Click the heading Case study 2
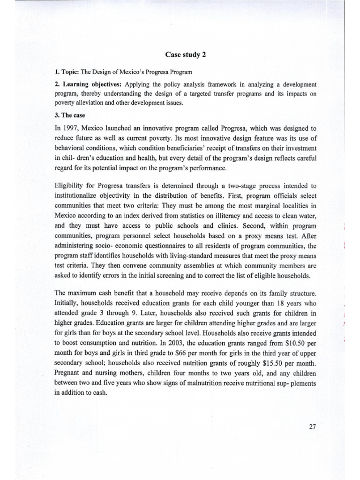click(x=186, y=55)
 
